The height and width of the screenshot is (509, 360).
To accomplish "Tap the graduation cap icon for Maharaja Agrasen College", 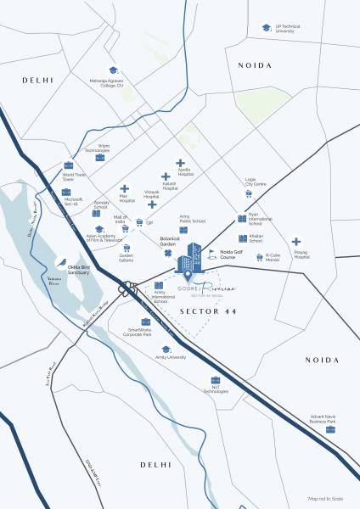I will (x=112, y=70).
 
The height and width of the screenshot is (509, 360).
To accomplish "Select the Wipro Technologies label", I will (x=99, y=148).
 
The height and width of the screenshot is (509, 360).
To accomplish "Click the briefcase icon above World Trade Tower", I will (x=68, y=165).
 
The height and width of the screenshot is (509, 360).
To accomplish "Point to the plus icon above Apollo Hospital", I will (x=180, y=162).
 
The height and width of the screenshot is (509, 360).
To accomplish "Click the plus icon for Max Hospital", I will (x=125, y=189).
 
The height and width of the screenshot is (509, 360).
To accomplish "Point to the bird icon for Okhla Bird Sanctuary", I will (x=62, y=262).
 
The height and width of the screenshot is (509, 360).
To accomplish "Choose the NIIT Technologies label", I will (x=216, y=389).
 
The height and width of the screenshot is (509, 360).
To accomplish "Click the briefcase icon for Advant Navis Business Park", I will (x=330, y=429).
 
